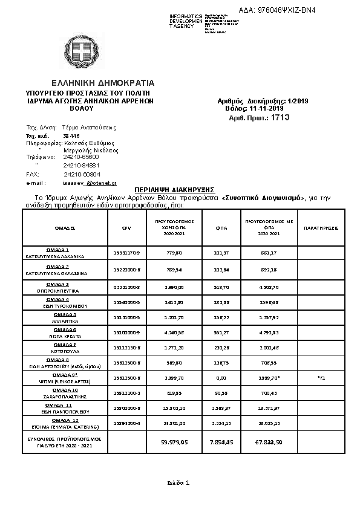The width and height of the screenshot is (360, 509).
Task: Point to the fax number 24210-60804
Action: click(82, 174)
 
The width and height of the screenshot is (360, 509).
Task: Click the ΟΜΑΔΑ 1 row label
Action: click(58, 252)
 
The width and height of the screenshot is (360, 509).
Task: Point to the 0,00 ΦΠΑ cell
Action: click(220, 377)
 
